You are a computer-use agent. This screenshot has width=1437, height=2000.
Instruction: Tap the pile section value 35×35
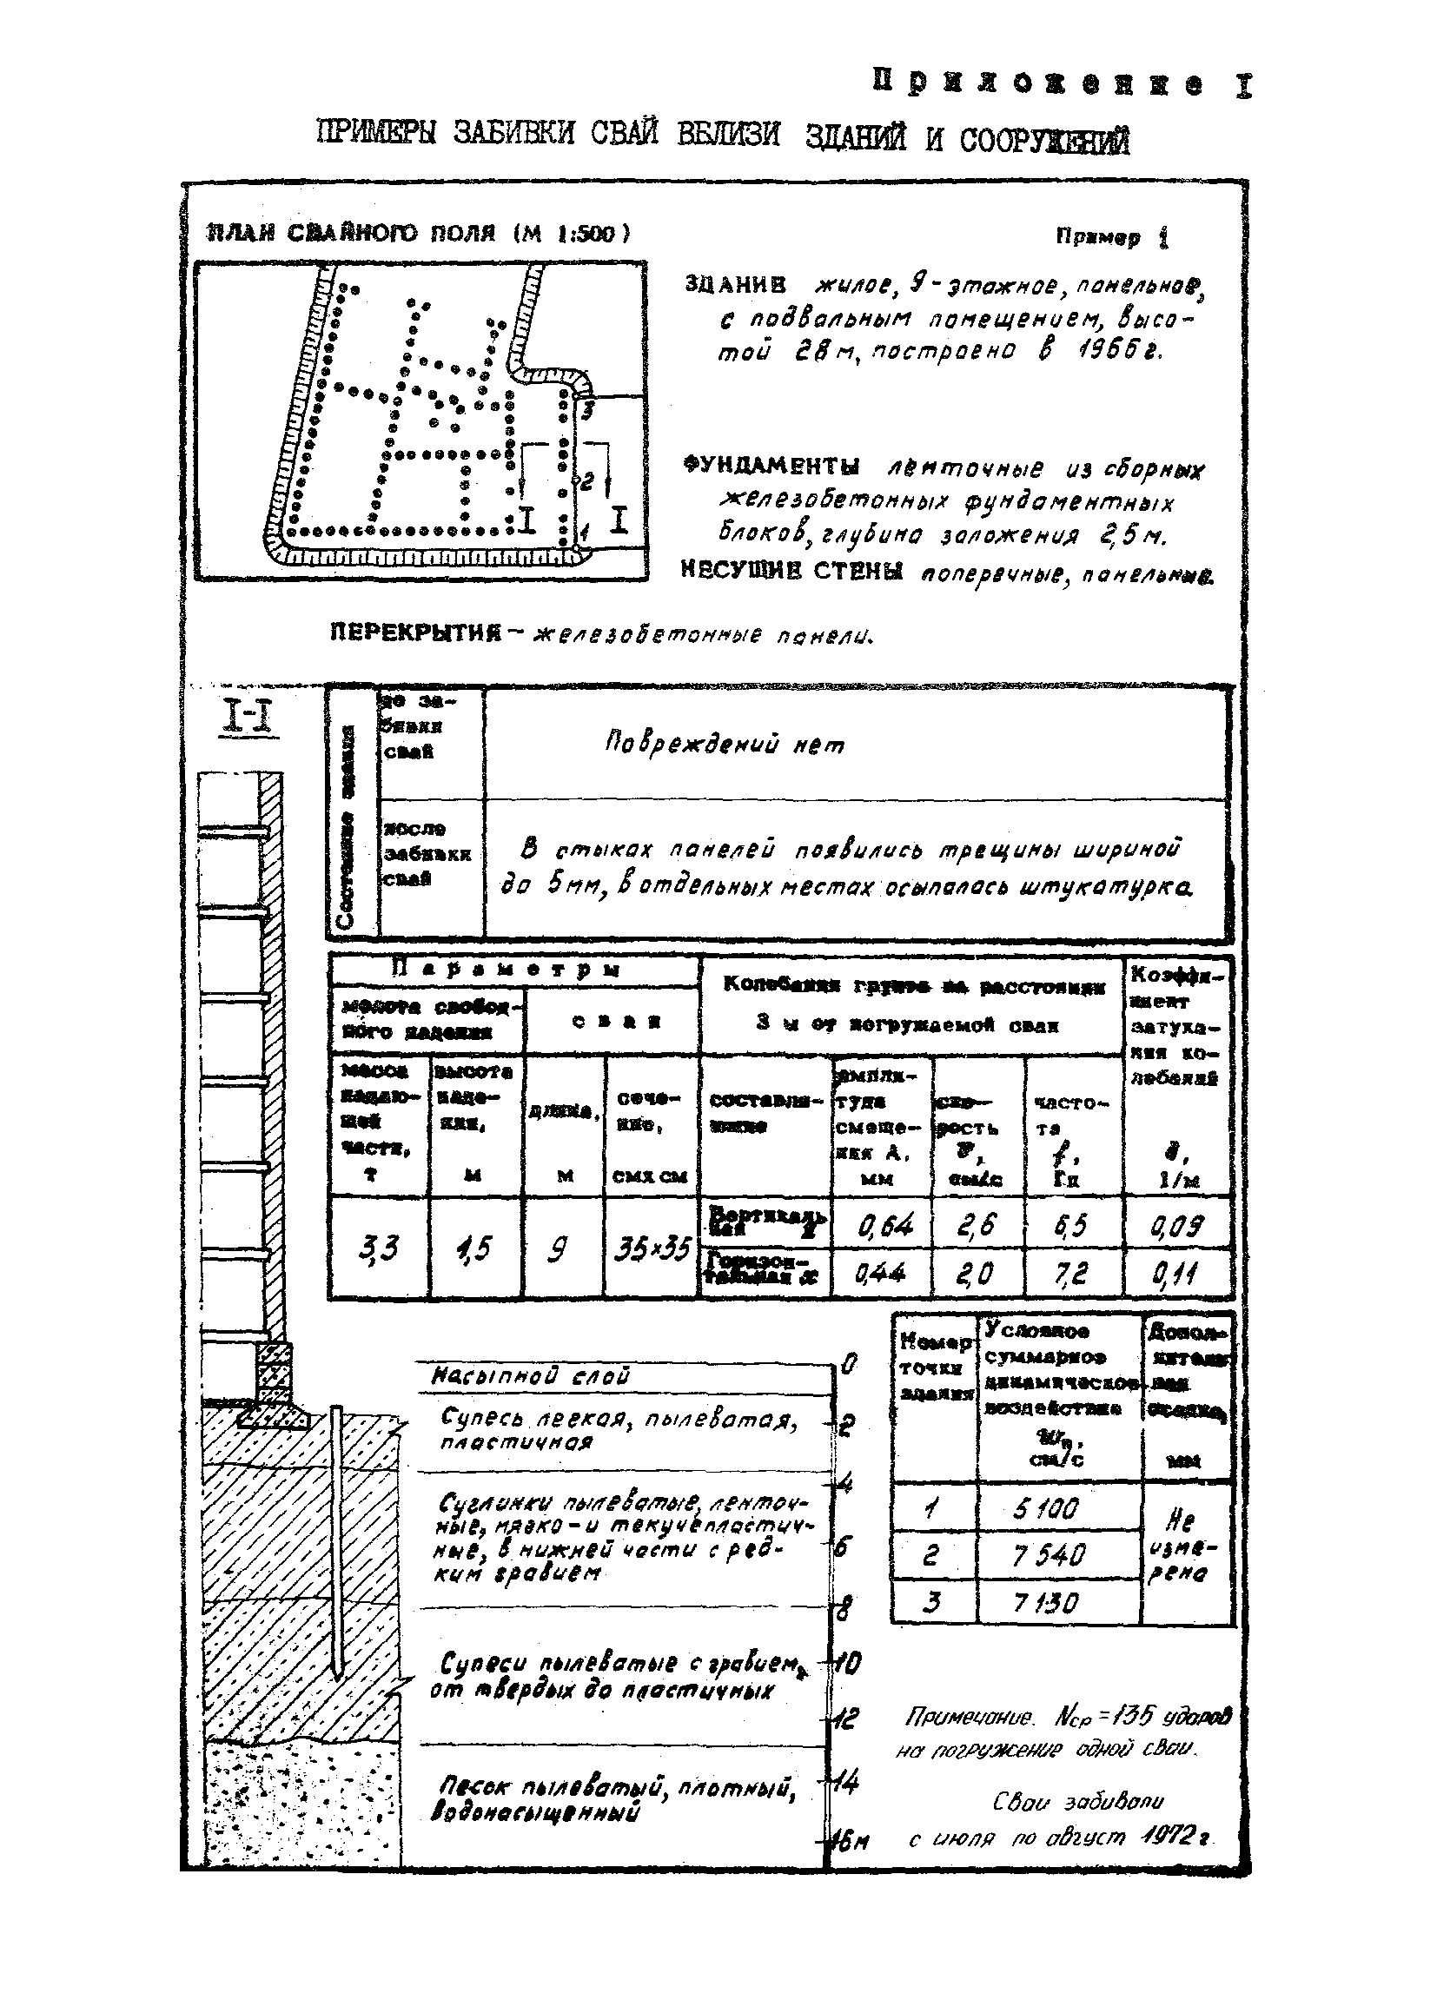pos(651,1248)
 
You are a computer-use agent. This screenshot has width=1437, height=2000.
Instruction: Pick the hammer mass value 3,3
pos(378,1248)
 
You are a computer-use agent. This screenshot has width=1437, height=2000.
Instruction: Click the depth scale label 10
pos(847,1664)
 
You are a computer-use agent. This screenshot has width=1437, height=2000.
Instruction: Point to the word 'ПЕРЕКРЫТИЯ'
pos(414,633)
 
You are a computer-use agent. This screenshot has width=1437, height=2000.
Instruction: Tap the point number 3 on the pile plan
pos(588,410)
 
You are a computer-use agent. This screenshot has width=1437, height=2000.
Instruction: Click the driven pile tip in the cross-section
pos(338,1672)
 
